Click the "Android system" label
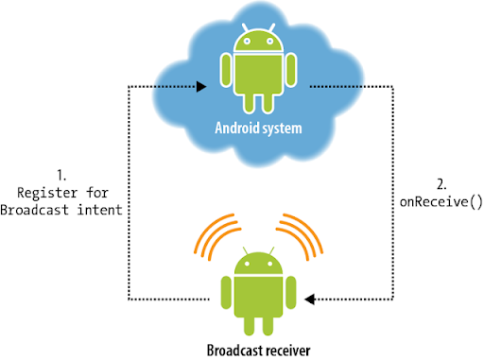click(x=252, y=125)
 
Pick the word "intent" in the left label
click(x=98, y=210)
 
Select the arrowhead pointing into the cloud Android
click(x=202, y=86)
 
